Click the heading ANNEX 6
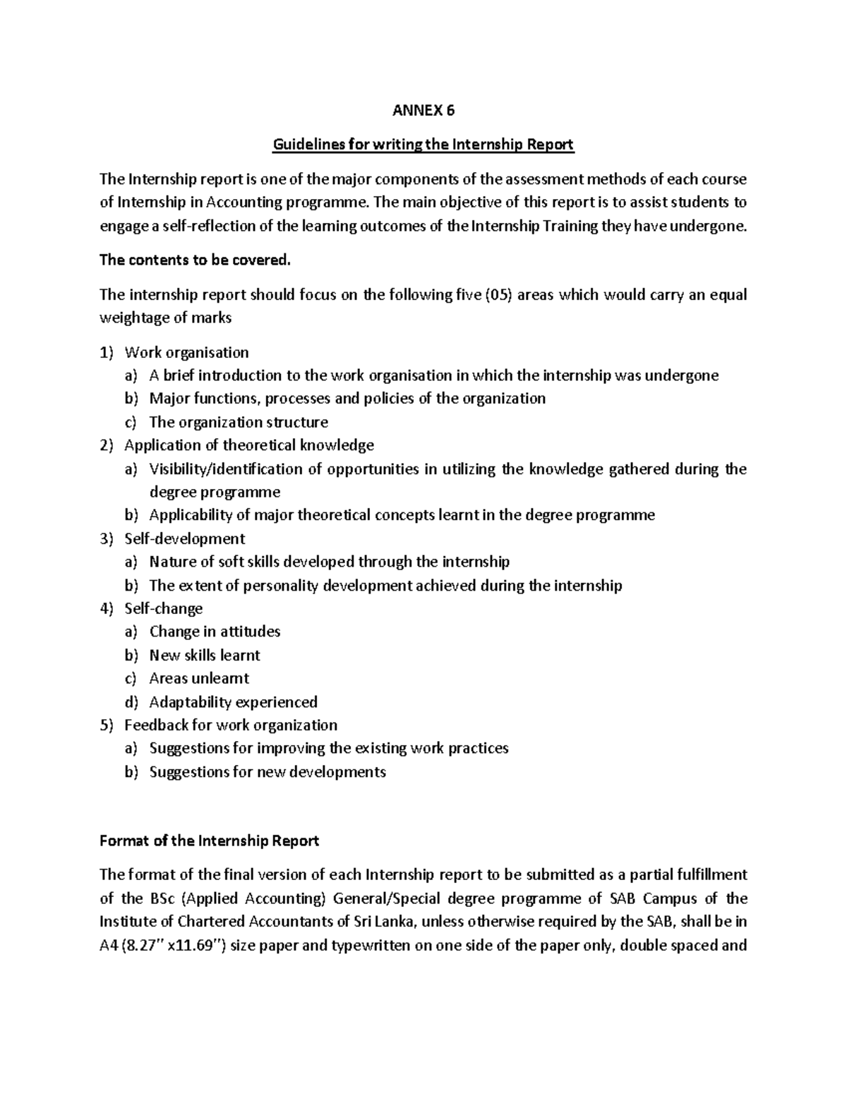(x=423, y=110)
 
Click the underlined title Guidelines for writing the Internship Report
(x=423, y=145)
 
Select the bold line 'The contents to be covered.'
(x=195, y=260)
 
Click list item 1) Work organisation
(x=186, y=352)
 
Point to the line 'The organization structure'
(x=239, y=422)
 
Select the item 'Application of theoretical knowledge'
(x=248, y=445)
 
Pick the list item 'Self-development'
(x=184, y=538)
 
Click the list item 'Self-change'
(x=163, y=608)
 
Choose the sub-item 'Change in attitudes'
(x=215, y=632)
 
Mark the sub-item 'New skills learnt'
(x=205, y=655)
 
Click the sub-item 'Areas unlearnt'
(x=199, y=678)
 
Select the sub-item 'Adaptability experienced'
(x=233, y=701)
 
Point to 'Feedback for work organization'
(x=230, y=725)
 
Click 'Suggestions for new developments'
(x=268, y=771)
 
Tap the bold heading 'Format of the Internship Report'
(x=209, y=841)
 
